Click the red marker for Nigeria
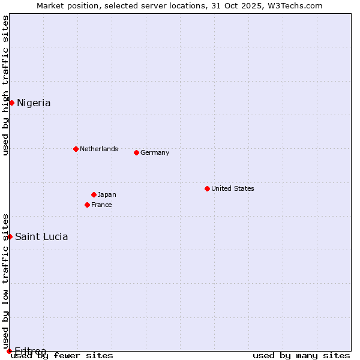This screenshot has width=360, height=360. pyautogui.click(x=11, y=103)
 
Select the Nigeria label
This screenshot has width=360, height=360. pyautogui.click(x=34, y=103)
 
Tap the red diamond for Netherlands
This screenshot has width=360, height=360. pyautogui.click(x=76, y=149)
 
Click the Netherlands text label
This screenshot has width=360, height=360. pyautogui.click(x=98, y=149)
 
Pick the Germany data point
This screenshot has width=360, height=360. pyautogui.click(x=136, y=152)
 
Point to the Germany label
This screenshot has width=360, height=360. pyautogui.click(x=155, y=152)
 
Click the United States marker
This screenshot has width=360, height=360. pyautogui.click(x=207, y=188)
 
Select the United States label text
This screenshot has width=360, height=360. pyautogui.click(x=232, y=188)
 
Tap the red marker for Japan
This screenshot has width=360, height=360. pyautogui.click(x=94, y=194)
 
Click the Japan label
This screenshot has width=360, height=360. pyautogui.click(x=107, y=194)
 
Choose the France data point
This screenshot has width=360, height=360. pyautogui.click(x=87, y=205)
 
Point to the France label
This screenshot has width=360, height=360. pyautogui.click(x=101, y=205)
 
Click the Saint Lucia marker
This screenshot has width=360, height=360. pyautogui.click(x=10, y=236)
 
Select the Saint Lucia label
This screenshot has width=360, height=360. pyautogui.click(x=41, y=236)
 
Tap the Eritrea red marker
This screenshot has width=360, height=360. pyautogui.click(x=9, y=351)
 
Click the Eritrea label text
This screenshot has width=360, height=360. pyautogui.click(x=30, y=351)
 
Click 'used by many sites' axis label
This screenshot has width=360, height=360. pyautogui.click(x=301, y=356)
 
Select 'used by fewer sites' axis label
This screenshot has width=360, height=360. pyautogui.click(x=62, y=356)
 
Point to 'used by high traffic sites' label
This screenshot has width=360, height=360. pyautogui.click(x=5, y=85)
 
